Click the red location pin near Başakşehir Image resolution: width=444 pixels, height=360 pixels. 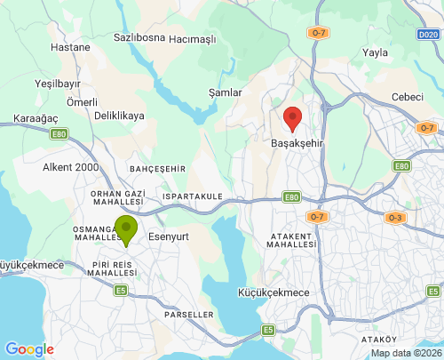292,118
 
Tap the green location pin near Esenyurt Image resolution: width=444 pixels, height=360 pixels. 126,230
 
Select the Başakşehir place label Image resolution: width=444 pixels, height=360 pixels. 298,142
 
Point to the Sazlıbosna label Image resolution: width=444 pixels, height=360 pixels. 139,38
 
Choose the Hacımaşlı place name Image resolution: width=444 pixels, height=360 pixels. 193,39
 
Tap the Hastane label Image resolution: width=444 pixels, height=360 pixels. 71,47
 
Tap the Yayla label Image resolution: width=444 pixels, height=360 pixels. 376,52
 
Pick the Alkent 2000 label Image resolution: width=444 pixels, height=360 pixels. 71,166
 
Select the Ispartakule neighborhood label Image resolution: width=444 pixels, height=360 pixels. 192,196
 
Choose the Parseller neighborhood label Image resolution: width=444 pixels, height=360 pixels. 189,315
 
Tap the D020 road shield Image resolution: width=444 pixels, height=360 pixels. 427,35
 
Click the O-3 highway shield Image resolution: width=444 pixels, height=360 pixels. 395,218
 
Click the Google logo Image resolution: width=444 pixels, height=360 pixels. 28,349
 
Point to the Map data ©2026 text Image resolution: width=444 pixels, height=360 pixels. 405,353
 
